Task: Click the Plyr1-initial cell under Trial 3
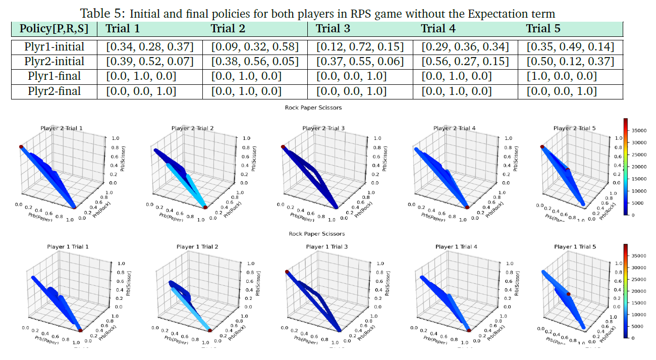[360, 47]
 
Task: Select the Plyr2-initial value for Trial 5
[570, 62]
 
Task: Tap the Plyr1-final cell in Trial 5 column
[562, 76]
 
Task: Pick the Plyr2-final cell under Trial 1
[141, 91]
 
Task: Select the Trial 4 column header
[438, 28]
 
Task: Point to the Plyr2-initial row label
[54, 62]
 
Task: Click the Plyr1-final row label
[54, 76]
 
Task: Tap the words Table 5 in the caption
[100, 13]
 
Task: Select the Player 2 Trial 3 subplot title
[323, 128]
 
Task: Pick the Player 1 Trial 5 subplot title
[575, 247]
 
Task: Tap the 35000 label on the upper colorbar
[640, 130]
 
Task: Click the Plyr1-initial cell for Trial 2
[255, 47]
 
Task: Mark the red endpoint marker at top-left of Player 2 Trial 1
[21, 146]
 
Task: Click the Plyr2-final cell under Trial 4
[456, 91]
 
